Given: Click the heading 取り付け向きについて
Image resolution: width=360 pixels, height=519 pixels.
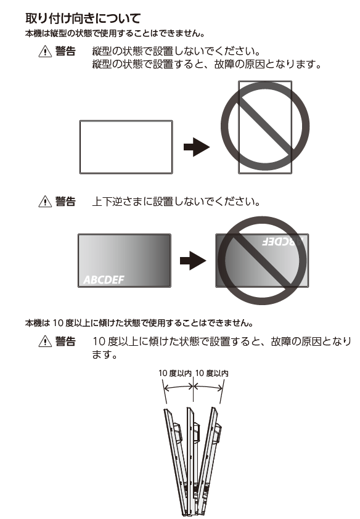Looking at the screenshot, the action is click(83, 18).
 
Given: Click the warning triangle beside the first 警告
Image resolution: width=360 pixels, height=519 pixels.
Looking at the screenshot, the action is click(45, 51).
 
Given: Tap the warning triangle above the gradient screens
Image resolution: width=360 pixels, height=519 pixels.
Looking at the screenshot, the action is click(45, 201).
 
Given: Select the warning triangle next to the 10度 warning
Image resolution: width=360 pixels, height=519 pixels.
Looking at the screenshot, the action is click(45, 341).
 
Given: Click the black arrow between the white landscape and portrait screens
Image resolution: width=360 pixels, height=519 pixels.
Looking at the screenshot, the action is click(197, 147).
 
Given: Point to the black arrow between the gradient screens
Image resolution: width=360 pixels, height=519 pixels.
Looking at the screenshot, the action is click(193, 261).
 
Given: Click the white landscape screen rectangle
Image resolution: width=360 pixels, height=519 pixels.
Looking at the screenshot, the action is click(126, 147).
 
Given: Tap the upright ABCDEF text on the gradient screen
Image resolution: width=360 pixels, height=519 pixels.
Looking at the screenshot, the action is click(104, 280).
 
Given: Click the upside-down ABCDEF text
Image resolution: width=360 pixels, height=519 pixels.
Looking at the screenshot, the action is click(283, 242).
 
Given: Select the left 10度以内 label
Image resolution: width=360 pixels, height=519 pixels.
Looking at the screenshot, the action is click(174, 373).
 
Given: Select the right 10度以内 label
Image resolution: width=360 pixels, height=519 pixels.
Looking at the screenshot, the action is click(212, 373).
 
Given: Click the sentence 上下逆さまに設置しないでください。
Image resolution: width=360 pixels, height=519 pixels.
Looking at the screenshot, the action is click(176, 201).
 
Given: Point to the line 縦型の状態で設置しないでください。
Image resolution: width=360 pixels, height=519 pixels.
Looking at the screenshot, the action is click(176, 51).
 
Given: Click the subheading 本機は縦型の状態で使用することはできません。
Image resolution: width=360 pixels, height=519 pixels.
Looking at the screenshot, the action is click(115, 33).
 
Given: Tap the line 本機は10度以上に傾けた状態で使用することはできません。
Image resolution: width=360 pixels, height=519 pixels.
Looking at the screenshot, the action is click(139, 323).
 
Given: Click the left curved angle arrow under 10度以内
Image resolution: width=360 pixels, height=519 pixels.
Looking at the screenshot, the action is click(179, 386).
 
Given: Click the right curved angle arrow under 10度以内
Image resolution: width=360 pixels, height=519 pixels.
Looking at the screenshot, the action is click(208, 386).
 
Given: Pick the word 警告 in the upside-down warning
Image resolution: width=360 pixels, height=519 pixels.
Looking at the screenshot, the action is click(65, 201).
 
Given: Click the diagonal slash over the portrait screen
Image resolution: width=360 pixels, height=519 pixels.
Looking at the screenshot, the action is click(265, 126).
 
